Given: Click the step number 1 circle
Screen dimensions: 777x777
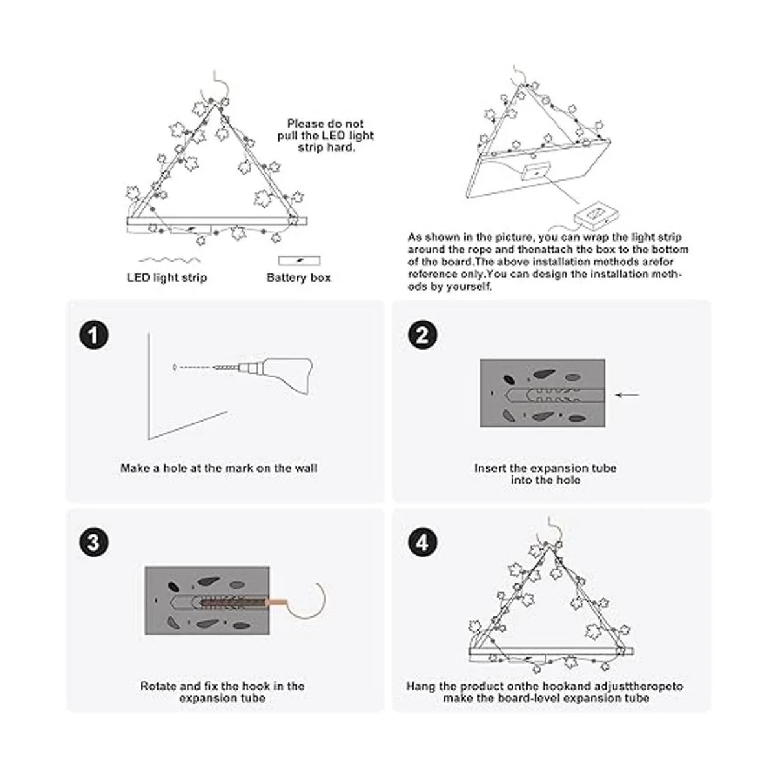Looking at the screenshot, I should coord(94,336).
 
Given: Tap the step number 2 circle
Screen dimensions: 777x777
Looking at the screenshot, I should coord(422,336).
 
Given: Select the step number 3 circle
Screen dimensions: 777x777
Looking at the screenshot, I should coord(94,542).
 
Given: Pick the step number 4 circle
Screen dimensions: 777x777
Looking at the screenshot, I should coord(422,542).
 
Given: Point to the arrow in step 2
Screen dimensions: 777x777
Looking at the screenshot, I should coord(627,394).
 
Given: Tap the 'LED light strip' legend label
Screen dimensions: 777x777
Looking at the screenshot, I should coord(167,278).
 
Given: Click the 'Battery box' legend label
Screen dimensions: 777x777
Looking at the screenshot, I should coord(298,278).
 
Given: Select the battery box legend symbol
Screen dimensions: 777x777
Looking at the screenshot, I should coord(298,260).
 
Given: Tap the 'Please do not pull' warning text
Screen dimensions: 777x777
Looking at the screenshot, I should coord(330,135).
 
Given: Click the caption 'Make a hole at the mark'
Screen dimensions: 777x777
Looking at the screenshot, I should coord(219,467).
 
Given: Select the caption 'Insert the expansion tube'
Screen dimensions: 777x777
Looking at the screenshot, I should coord(545,473).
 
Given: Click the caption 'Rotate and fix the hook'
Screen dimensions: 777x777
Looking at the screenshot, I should coord(222,692).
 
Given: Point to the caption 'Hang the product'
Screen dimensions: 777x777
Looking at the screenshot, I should coord(545,692).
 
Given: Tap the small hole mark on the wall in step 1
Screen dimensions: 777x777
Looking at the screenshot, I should coord(174,368).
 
